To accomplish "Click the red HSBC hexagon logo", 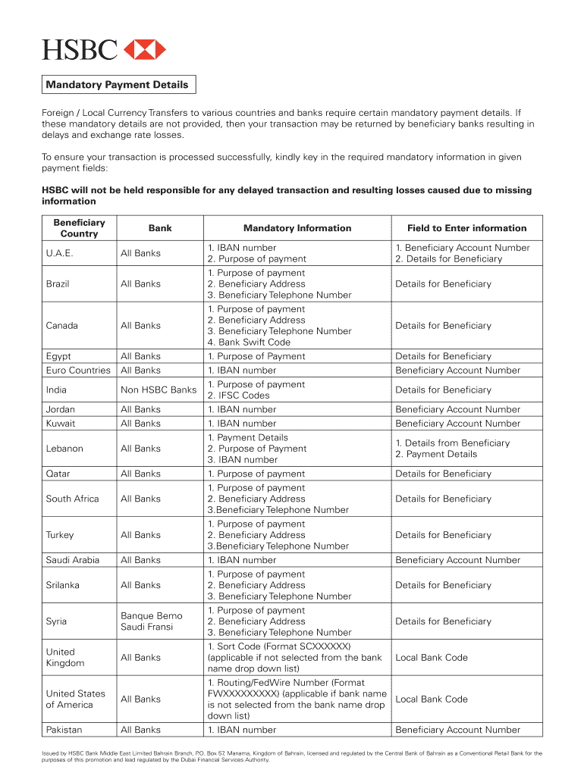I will (144, 50).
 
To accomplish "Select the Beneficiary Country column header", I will (79, 228).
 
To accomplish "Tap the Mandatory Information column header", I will (297, 228).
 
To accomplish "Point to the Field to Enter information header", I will (466, 228).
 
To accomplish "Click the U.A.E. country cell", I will (61, 253).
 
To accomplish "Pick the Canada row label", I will (61, 326).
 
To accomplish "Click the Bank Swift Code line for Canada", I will (249, 343).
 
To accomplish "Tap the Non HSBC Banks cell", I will (159, 390).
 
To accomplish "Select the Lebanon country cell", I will (64, 449).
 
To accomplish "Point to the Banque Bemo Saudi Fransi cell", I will (152, 621).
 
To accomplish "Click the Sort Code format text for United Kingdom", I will (279, 646).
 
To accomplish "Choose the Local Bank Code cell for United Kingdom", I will (432, 658).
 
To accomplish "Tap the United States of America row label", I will (75, 699).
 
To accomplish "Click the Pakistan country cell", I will (64, 730).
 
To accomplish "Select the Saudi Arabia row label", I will (72, 560).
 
